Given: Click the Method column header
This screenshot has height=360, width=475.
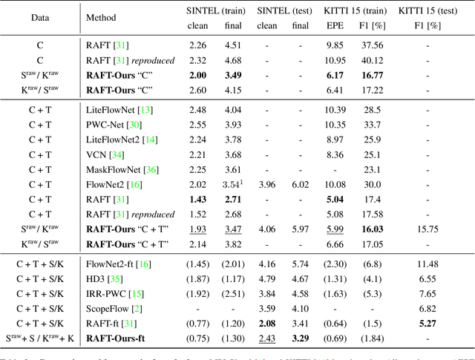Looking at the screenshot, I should click(101, 17).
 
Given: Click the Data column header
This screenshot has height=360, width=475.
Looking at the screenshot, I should click(40, 17).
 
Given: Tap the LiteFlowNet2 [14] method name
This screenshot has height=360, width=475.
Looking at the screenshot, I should click(119, 140).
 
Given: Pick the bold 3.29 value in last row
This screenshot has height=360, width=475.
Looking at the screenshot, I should click(301, 339).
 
